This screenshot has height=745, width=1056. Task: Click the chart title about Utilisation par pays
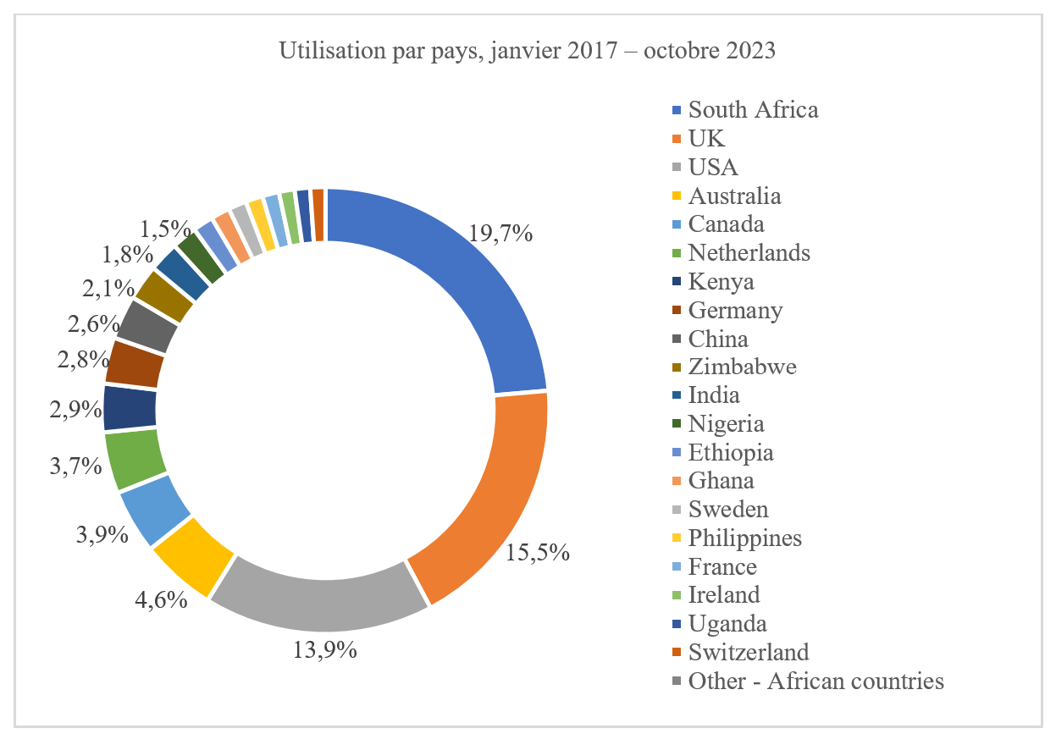tap(527, 51)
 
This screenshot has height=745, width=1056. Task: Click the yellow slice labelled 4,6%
tap(193, 555)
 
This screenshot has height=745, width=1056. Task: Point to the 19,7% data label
tap(500, 234)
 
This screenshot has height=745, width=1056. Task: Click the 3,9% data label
tap(100, 534)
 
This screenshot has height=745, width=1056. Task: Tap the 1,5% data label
tap(166, 228)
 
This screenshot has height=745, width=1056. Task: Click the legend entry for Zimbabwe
tap(742, 367)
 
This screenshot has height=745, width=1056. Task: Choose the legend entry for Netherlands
tap(749, 252)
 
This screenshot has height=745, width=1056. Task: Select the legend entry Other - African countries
tap(815, 681)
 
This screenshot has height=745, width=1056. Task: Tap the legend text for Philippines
tap(744, 538)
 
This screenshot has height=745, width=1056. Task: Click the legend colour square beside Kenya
tap(676, 282)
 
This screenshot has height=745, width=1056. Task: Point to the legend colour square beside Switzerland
tap(676, 653)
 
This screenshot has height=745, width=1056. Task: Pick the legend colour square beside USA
tap(676, 168)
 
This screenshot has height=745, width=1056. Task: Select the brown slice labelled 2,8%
tap(134, 363)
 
